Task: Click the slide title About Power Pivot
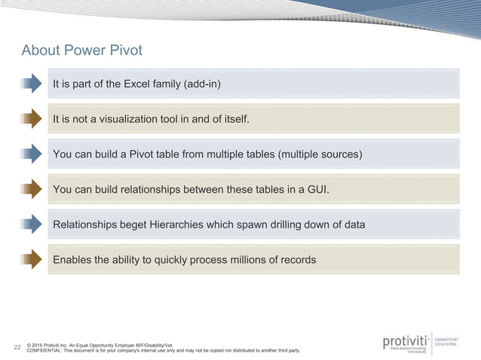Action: pos(81,51)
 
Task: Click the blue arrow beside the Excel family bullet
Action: pos(31,84)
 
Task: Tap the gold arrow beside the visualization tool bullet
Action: pos(31,119)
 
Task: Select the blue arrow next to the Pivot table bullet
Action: pos(31,154)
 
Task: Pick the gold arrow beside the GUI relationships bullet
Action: pos(31,189)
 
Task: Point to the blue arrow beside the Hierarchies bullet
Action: pos(31,224)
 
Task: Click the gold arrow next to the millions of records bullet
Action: pos(31,260)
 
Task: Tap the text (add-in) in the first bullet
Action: pos(202,84)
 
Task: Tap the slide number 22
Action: pos(17,347)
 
